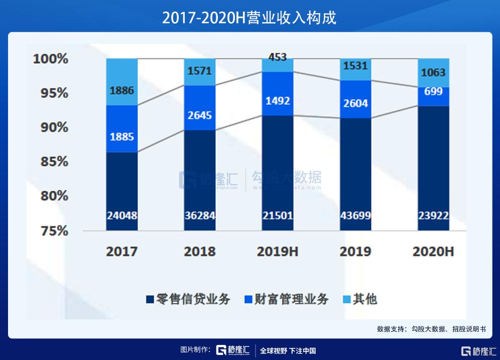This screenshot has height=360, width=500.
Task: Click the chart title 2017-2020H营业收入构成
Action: pos(249,18)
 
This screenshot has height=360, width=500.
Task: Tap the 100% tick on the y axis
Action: pos(50,59)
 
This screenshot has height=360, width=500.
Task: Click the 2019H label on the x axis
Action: pos(278,252)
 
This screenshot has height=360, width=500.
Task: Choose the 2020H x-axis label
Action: pos(433,252)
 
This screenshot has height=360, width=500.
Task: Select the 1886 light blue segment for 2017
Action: pos(121,90)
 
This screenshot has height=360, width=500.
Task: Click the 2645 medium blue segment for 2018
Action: pos(199,115)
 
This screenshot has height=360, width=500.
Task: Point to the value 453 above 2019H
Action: pos(278,57)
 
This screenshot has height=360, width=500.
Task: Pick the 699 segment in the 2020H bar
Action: pos(433,91)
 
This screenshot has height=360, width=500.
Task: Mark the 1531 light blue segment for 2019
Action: pos(355,66)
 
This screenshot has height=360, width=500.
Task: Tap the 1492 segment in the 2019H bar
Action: pos(278,101)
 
